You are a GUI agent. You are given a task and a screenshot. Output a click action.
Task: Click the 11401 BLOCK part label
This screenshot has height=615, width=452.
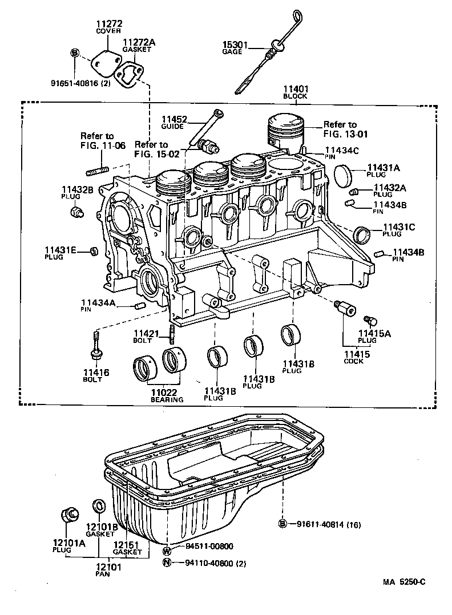295,92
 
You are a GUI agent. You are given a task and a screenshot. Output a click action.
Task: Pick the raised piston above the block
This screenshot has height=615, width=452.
286,132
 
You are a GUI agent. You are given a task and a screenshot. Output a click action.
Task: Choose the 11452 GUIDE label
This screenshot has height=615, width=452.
174,123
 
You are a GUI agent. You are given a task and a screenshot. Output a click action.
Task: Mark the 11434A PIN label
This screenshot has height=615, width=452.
98,305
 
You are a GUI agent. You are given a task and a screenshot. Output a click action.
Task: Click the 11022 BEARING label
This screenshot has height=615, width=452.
167,395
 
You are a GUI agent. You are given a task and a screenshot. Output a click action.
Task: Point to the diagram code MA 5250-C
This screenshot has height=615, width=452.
404,582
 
